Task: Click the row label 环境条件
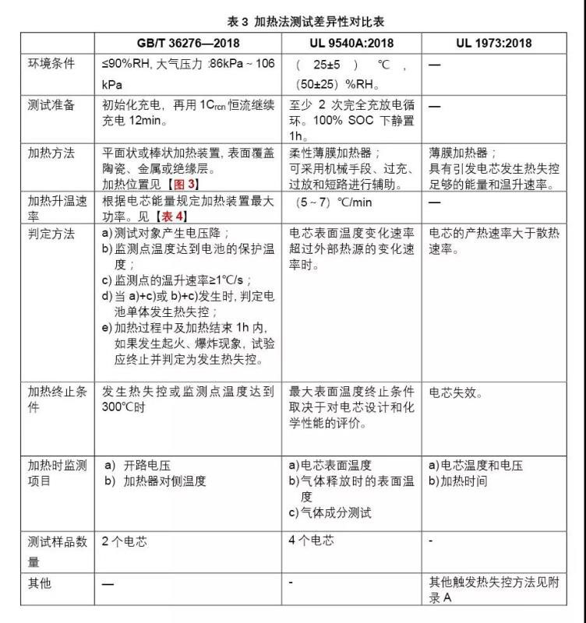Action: click(x=51, y=64)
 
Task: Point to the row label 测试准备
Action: click(x=51, y=105)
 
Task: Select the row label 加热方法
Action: click(x=51, y=153)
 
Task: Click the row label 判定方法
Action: click(x=51, y=232)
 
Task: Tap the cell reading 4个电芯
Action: click(x=311, y=541)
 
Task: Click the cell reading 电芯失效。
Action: click(x=456, y=393)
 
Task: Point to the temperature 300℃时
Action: click(x=124, y=407)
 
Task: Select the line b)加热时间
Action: click(x=458, y=481)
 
